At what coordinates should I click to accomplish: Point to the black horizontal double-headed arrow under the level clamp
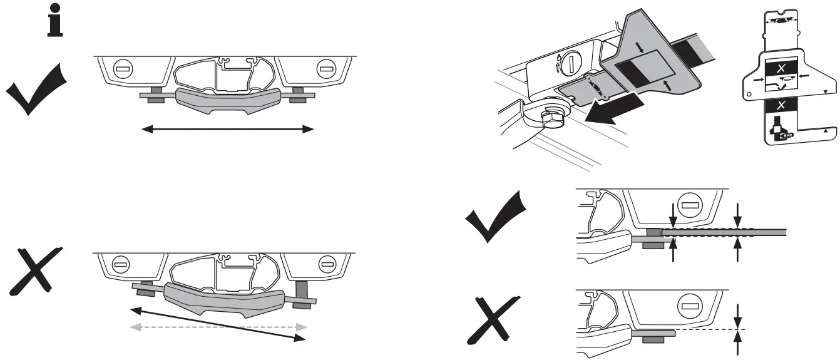coord(227,129)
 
